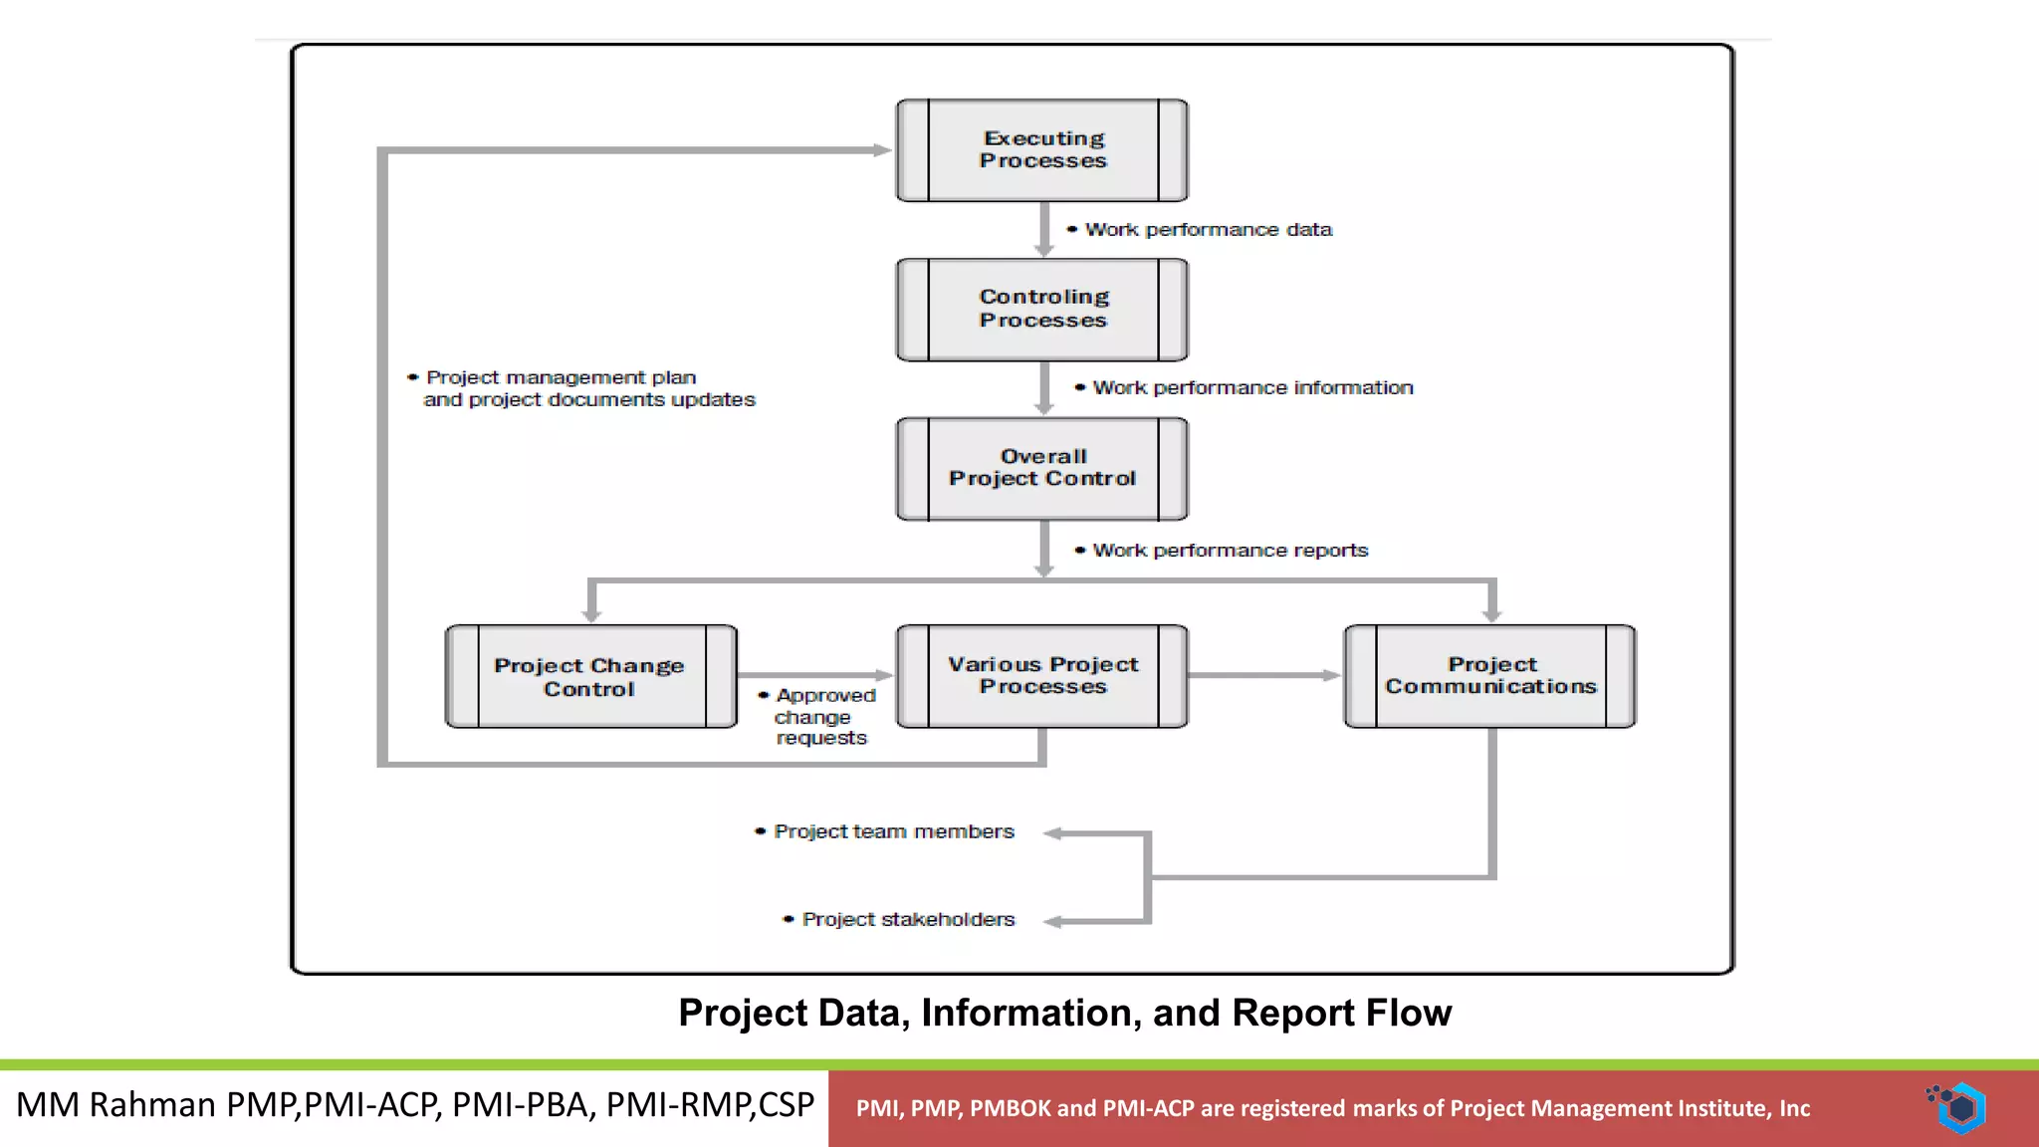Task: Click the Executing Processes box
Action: [1042, 150]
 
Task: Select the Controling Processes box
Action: [1042, 310]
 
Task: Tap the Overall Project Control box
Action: [1042, 469]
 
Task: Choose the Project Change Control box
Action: [590, 677]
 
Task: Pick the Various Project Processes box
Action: [1042, 676]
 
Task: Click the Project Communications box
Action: [1490, 676]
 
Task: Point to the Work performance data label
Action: [1208, 230]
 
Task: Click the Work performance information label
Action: [1251, 388]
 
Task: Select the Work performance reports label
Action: [1230, 551]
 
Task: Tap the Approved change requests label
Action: [822, 717]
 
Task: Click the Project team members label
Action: [893, 832]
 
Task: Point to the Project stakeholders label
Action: [907, 920]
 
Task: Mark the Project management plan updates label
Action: [588, 389]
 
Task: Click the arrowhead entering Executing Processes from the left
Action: [882, 150]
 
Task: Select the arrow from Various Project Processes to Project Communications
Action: [1264, 676]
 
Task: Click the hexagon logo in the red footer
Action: [1961, 1107]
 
